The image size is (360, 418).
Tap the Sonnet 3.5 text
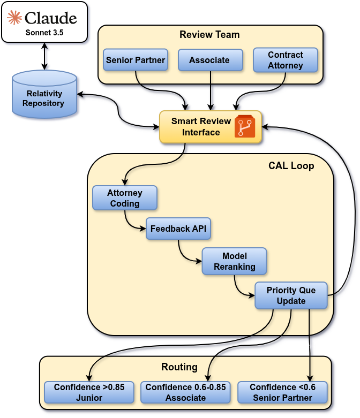click(44, 33)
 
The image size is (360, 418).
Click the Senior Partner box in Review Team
click(136, 60)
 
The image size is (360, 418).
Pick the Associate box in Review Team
click(210, 60)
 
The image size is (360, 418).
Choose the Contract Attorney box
click(286, 60)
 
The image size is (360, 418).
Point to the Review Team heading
click(209, 35)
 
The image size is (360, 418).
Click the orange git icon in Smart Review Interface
click(245, 127)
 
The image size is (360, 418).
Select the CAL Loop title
click(291, 166)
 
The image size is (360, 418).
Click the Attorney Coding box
click(125, 198)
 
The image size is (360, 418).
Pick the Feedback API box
click(178, 229)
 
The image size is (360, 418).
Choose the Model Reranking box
click(234, 261)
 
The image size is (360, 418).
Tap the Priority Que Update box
click(291, 295)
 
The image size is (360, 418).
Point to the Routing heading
click(179, 367)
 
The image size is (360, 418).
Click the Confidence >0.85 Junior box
click(89, 392)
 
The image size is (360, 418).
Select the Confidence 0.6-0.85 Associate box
click(186, 392)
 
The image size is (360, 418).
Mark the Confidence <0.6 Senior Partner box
click(282, 392)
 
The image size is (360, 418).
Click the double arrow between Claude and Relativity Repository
click(44, 56)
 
